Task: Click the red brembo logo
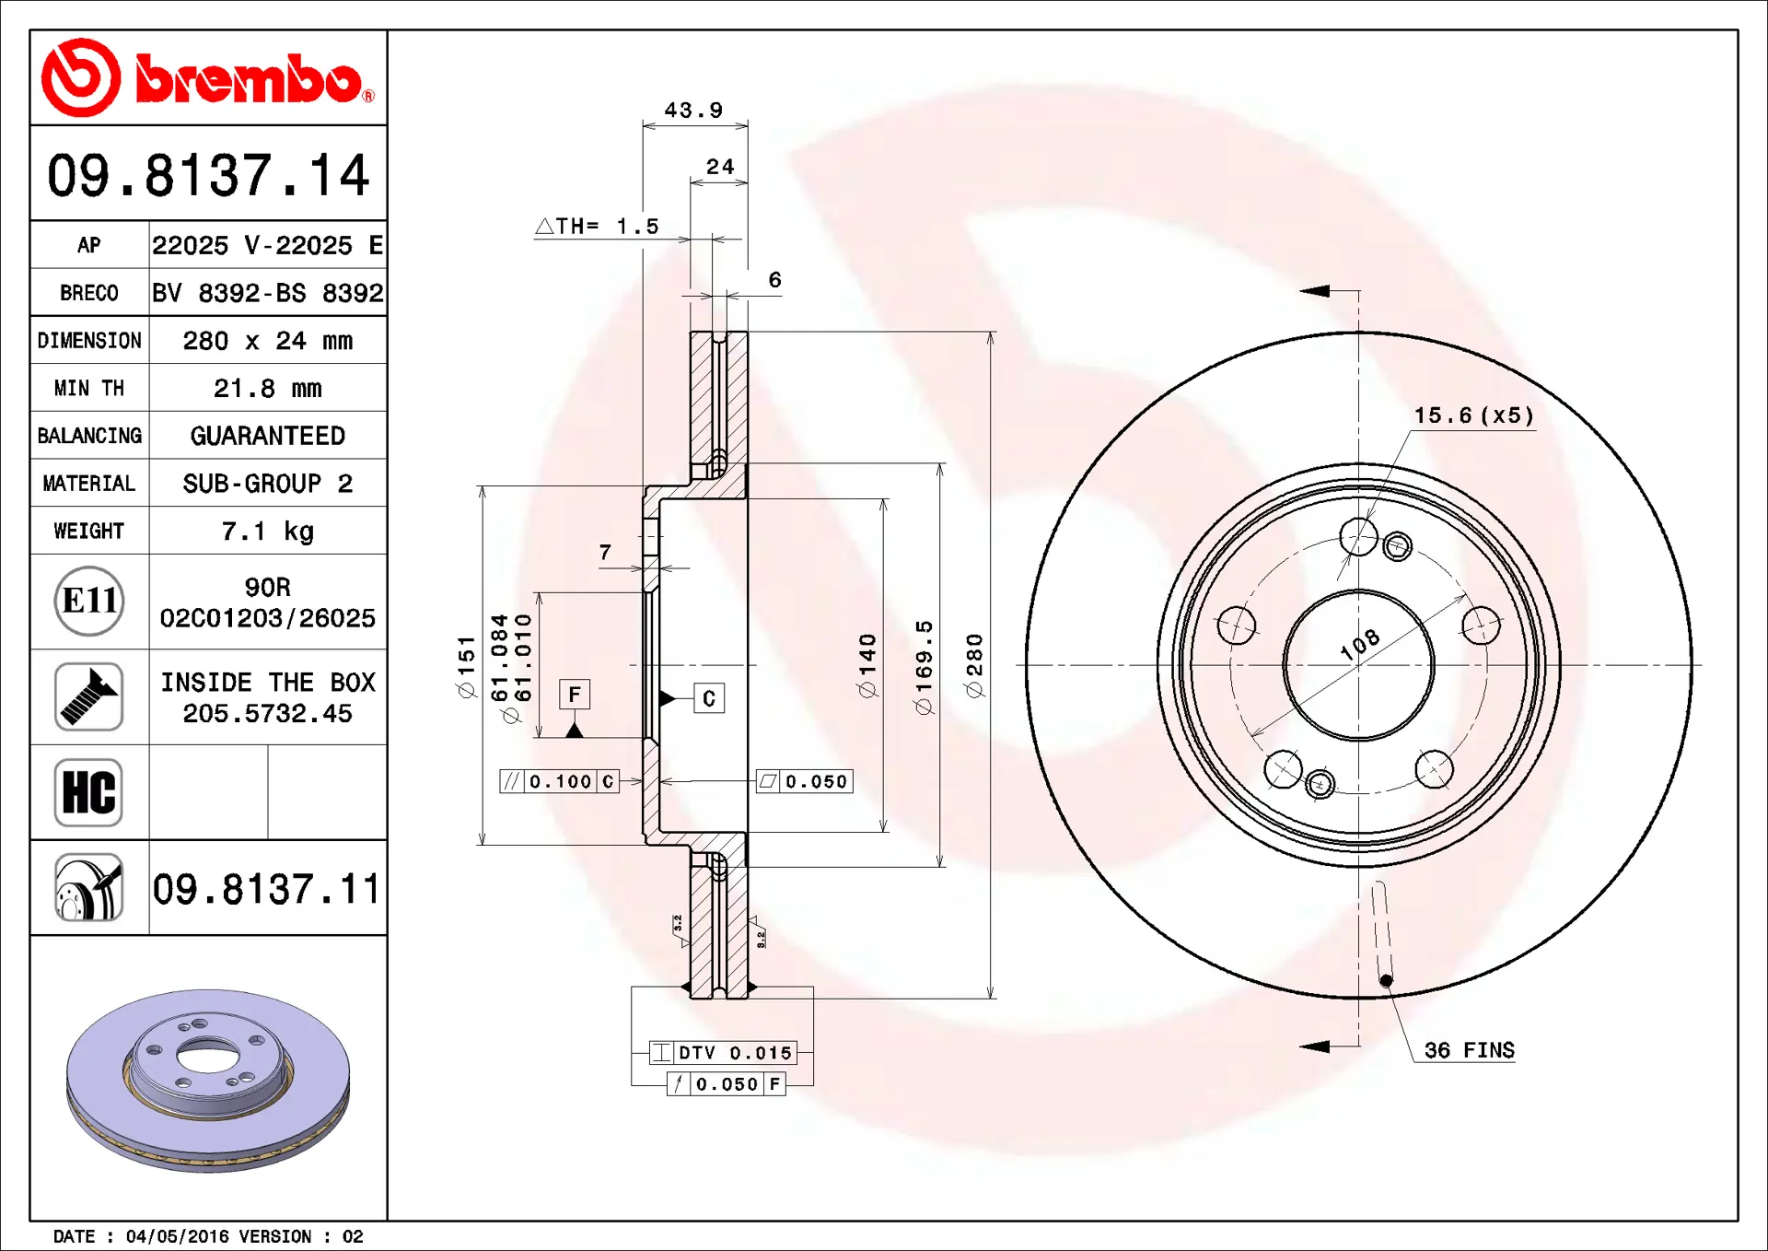point(208,78)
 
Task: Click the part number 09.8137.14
point(208,175)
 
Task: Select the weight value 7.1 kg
point(268,532)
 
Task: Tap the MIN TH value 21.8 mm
point(268,389)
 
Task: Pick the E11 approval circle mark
point(89,602)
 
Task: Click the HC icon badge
point(88,792)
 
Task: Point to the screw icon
point(88,696)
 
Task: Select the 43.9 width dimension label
point(694,111)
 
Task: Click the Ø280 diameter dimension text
point(974,665)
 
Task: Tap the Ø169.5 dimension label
point(924,668)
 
